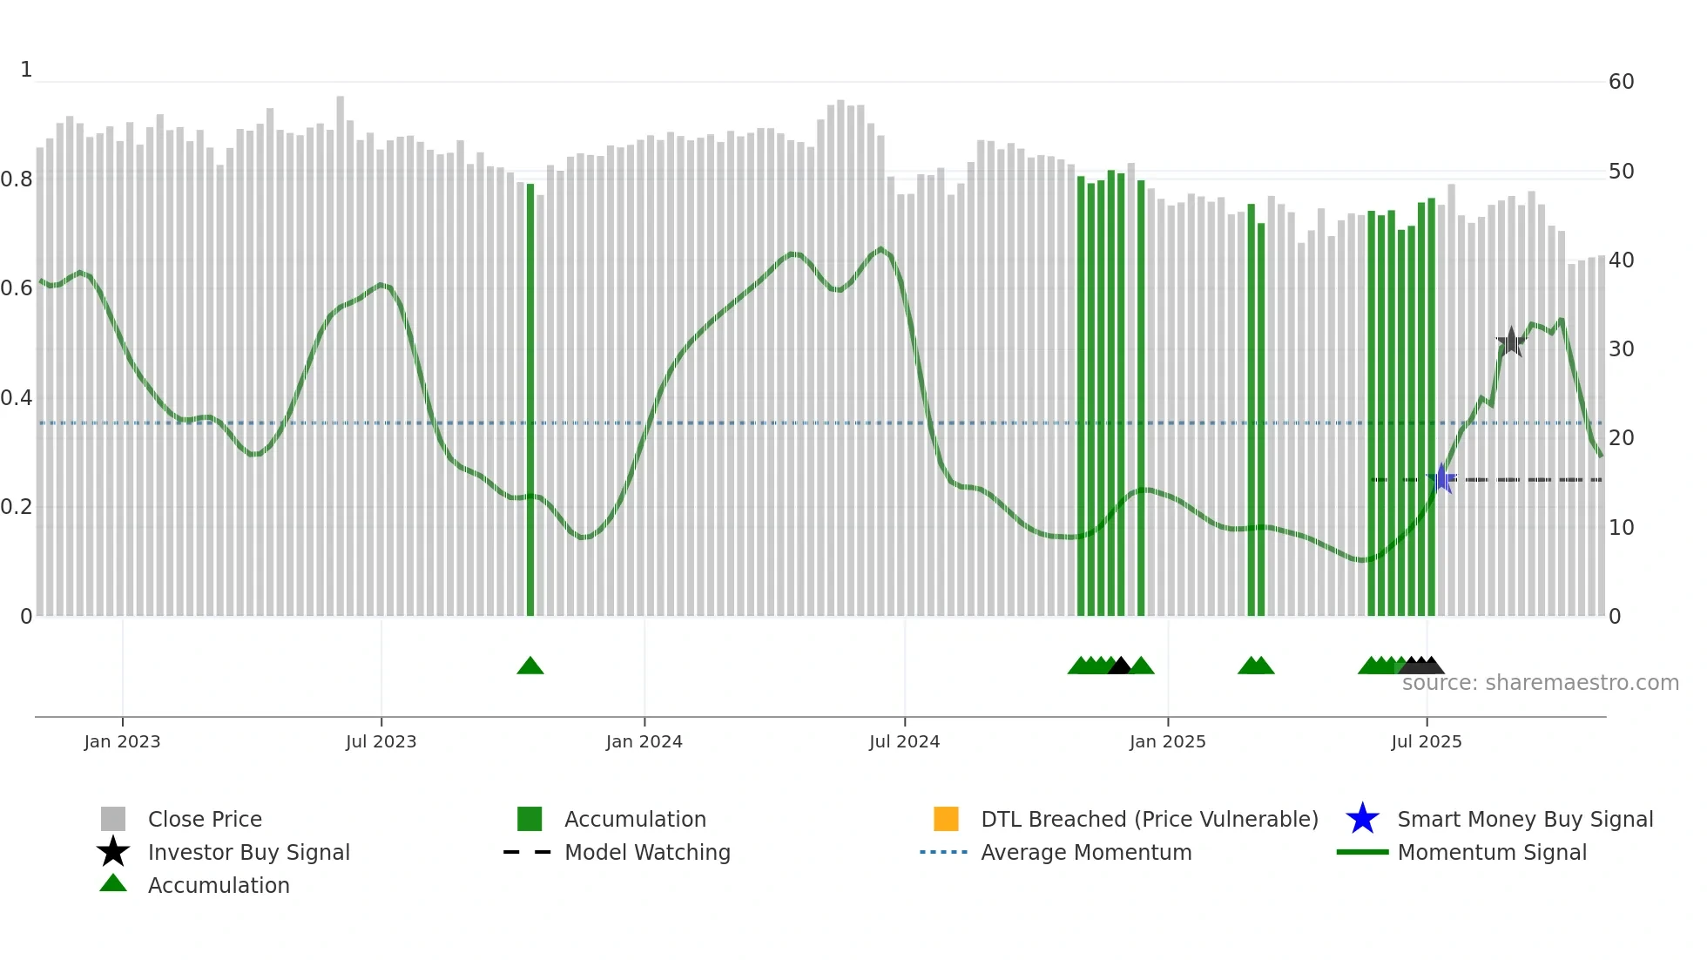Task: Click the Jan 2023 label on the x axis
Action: (x=122, y=742)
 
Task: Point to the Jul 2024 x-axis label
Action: (x=904, y=742)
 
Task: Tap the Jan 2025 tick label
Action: (x=1167, y=742)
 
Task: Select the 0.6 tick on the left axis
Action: (x=17, y=288)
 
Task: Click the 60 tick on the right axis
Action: (x=1621, y=82)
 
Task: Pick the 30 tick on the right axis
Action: (x=1621, y=349)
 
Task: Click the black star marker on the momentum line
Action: (x=1511, y=342)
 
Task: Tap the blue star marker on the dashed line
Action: (x=1442, y=479)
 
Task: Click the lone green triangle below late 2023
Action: (x=530, y=666)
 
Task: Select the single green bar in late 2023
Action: (x=530, y=401)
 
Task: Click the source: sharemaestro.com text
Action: (x=1540, y=683)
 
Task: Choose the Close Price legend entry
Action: (x=205, y=820)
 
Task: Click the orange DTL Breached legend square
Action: (x=946, y=819)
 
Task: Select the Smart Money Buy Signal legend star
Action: (x=1362, y=819)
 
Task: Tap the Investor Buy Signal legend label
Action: (x=248, y=853)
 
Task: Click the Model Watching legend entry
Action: (x=647, y=853)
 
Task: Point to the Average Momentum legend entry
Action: (x=1086, y=853)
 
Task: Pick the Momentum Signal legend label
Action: (x=1492, y=853)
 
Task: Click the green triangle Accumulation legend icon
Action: (x=113, y=884)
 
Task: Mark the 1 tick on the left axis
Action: (x=26, y=70)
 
